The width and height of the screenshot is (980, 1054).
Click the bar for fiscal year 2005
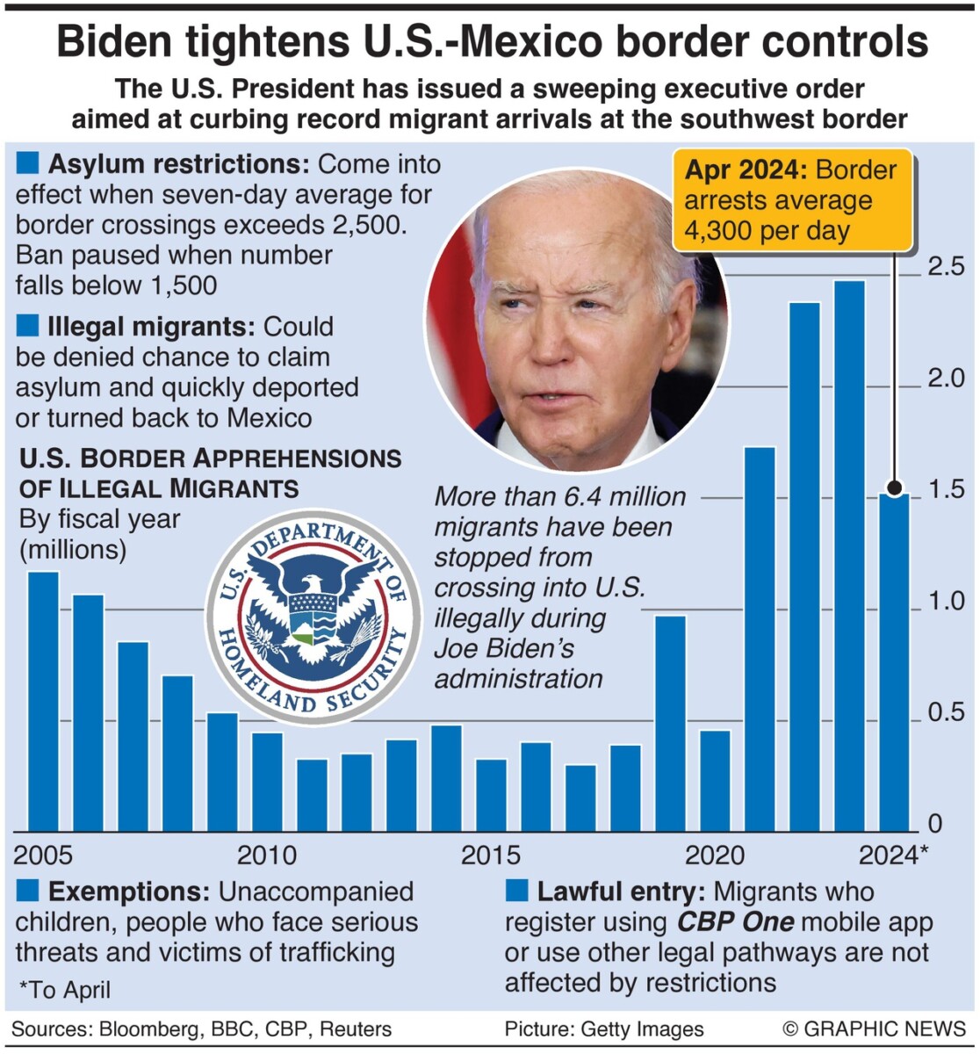(43, 702)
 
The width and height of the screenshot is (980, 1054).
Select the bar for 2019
(671, 724)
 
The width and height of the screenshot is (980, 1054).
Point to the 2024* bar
(895, 662)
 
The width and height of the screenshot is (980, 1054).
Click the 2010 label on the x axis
(267, 855)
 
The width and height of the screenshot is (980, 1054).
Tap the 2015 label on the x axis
(491, 855)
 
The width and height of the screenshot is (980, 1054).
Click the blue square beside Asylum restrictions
(28, 162)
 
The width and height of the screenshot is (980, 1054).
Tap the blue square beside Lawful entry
(516, 892)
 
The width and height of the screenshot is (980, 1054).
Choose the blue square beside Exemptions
(28, 892)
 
